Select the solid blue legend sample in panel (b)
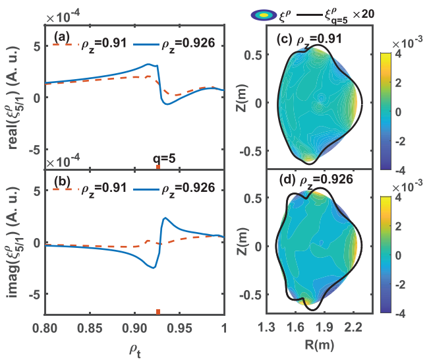pyautogui.click(x=146, y=188)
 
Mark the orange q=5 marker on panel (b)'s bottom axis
pyautogui.click(x=158, y=312)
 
